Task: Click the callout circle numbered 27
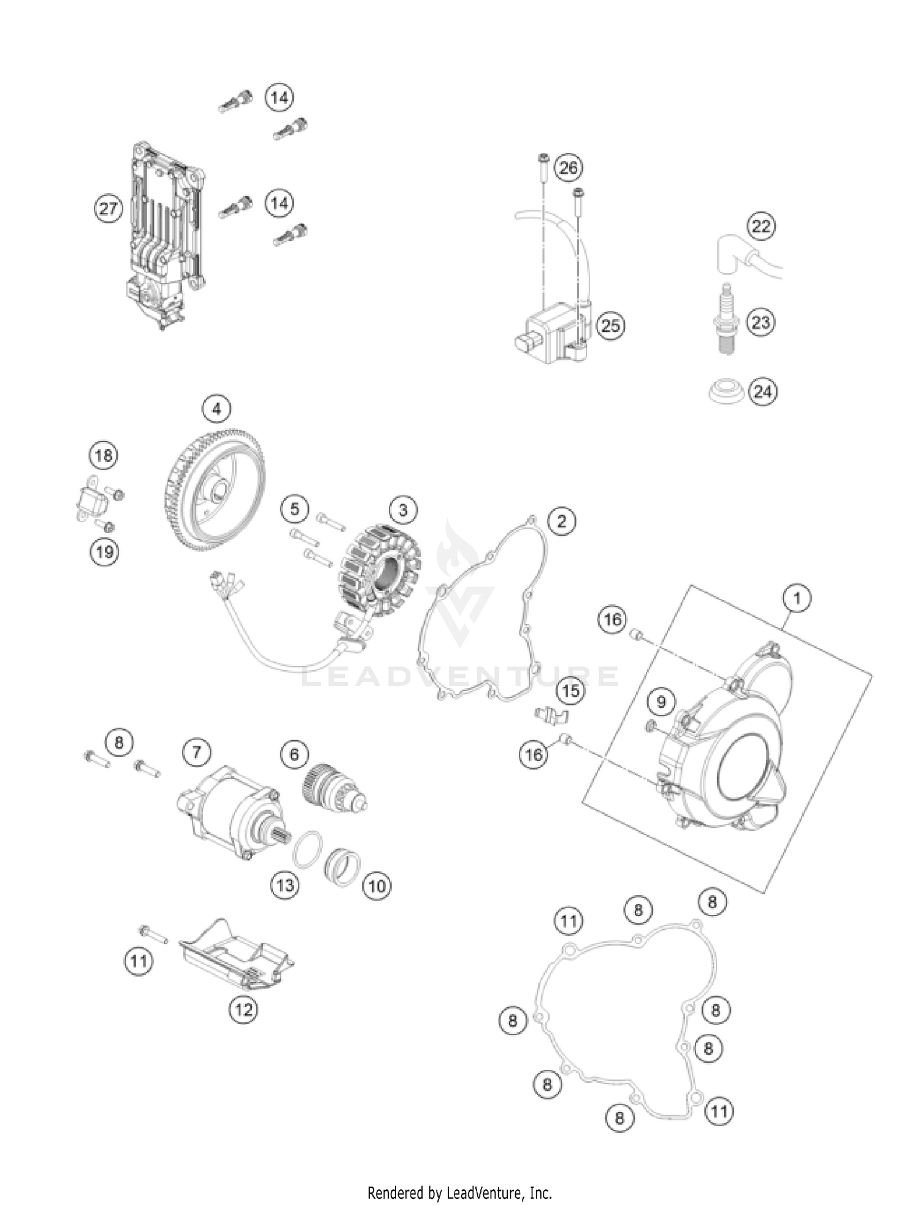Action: [108, 209]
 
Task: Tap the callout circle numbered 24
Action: [762, 391]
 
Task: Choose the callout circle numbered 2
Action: [561, 522]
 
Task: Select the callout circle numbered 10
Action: [377, 885]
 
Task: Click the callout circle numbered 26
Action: [568, 167]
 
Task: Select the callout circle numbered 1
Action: [797, 598]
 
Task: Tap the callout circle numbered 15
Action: [571, 691]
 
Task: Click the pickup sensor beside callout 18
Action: [92, 501]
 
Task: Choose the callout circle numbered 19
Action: [104, 552]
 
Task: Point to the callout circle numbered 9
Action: [661, 702]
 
